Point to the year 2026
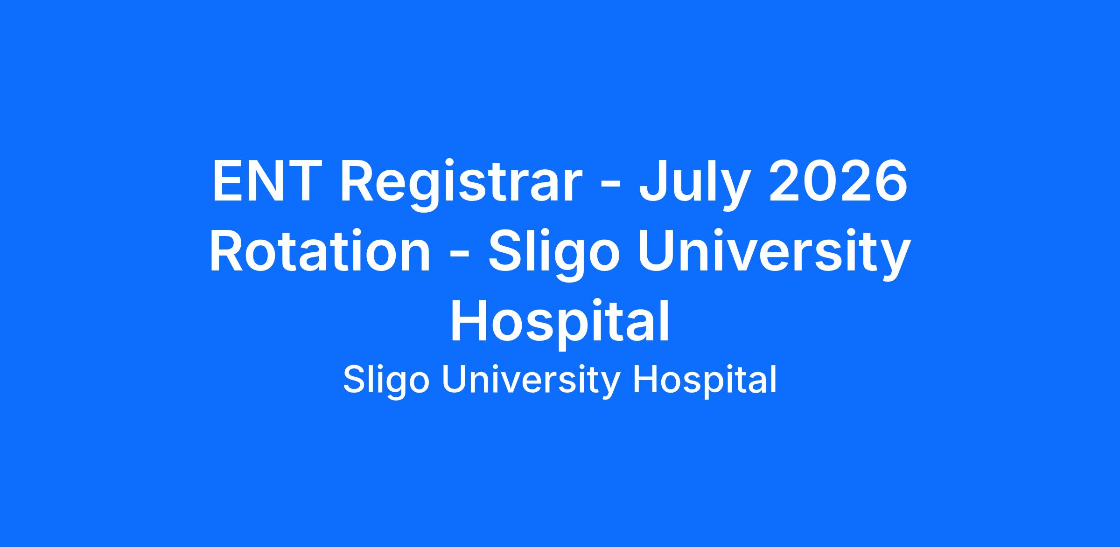[838, 181]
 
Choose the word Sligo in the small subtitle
[386, 381]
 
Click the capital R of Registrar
[358, 181]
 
